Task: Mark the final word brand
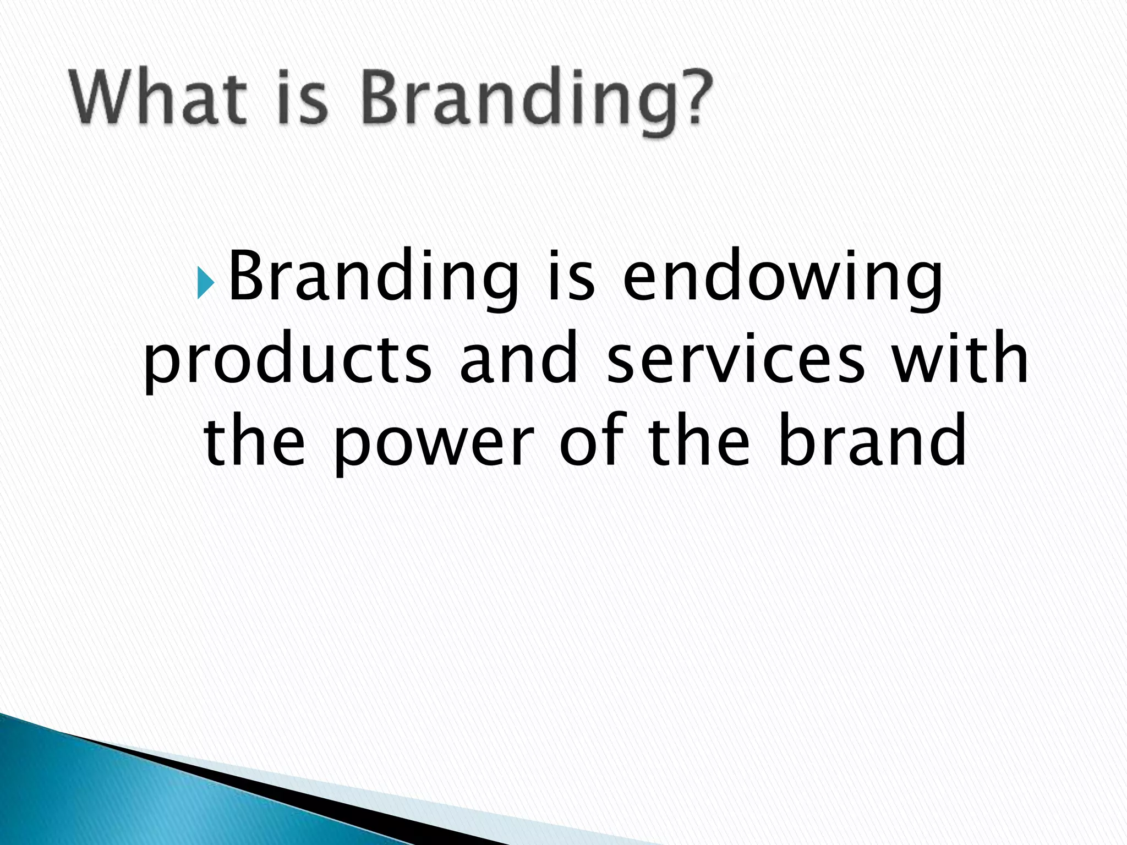pyautogui.click(x=873, y=440)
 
